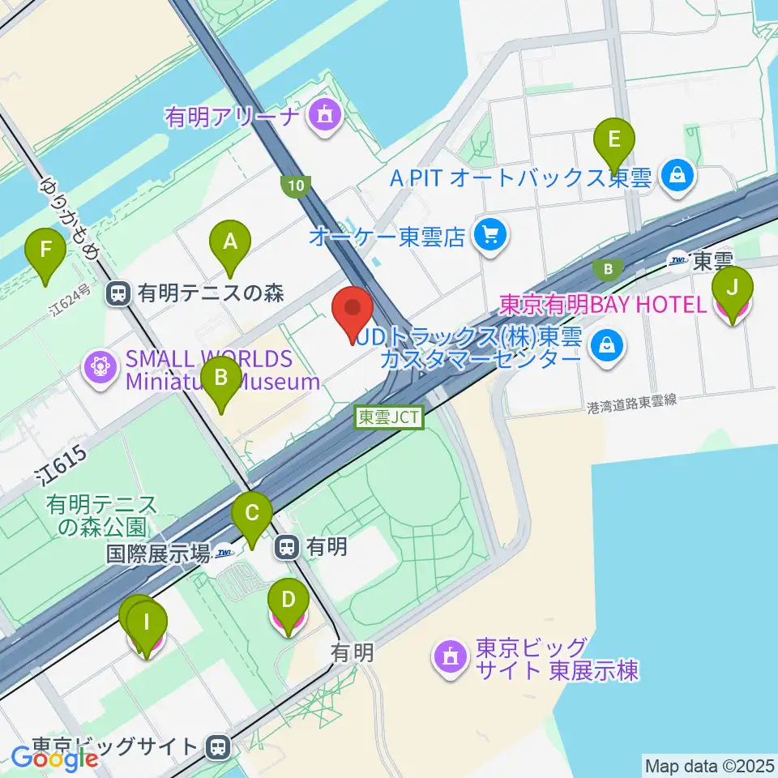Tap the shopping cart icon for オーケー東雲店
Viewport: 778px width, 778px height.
click(490, 235)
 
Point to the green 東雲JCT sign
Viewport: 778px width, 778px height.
click(389, 417)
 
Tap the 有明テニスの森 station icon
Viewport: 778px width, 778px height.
click(118, 293)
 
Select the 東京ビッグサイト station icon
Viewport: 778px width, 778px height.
click(216, 746)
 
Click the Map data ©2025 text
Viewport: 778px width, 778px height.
click(708, 764)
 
